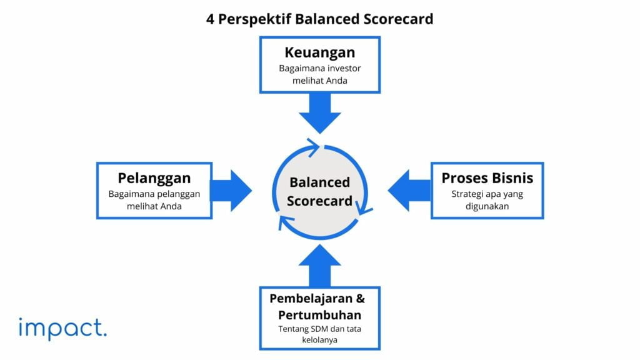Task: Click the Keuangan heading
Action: click(319, 52)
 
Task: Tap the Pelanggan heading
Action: click(154, 178)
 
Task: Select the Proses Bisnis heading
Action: click(487, 177)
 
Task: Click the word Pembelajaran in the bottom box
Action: click(310, 298)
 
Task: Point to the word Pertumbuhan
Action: click(319, 314)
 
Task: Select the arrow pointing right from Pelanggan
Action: click(231, 190)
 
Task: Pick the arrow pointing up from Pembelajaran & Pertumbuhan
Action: click(319, 266)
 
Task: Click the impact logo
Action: click(62, 329)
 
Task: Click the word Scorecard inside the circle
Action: click(319, 201)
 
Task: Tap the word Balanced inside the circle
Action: click(319, 182)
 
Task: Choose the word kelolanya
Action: click(319, 341)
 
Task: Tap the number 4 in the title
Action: click(211, 19)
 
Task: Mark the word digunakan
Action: click(487, 206)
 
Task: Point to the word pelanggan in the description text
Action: click(177, 194)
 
